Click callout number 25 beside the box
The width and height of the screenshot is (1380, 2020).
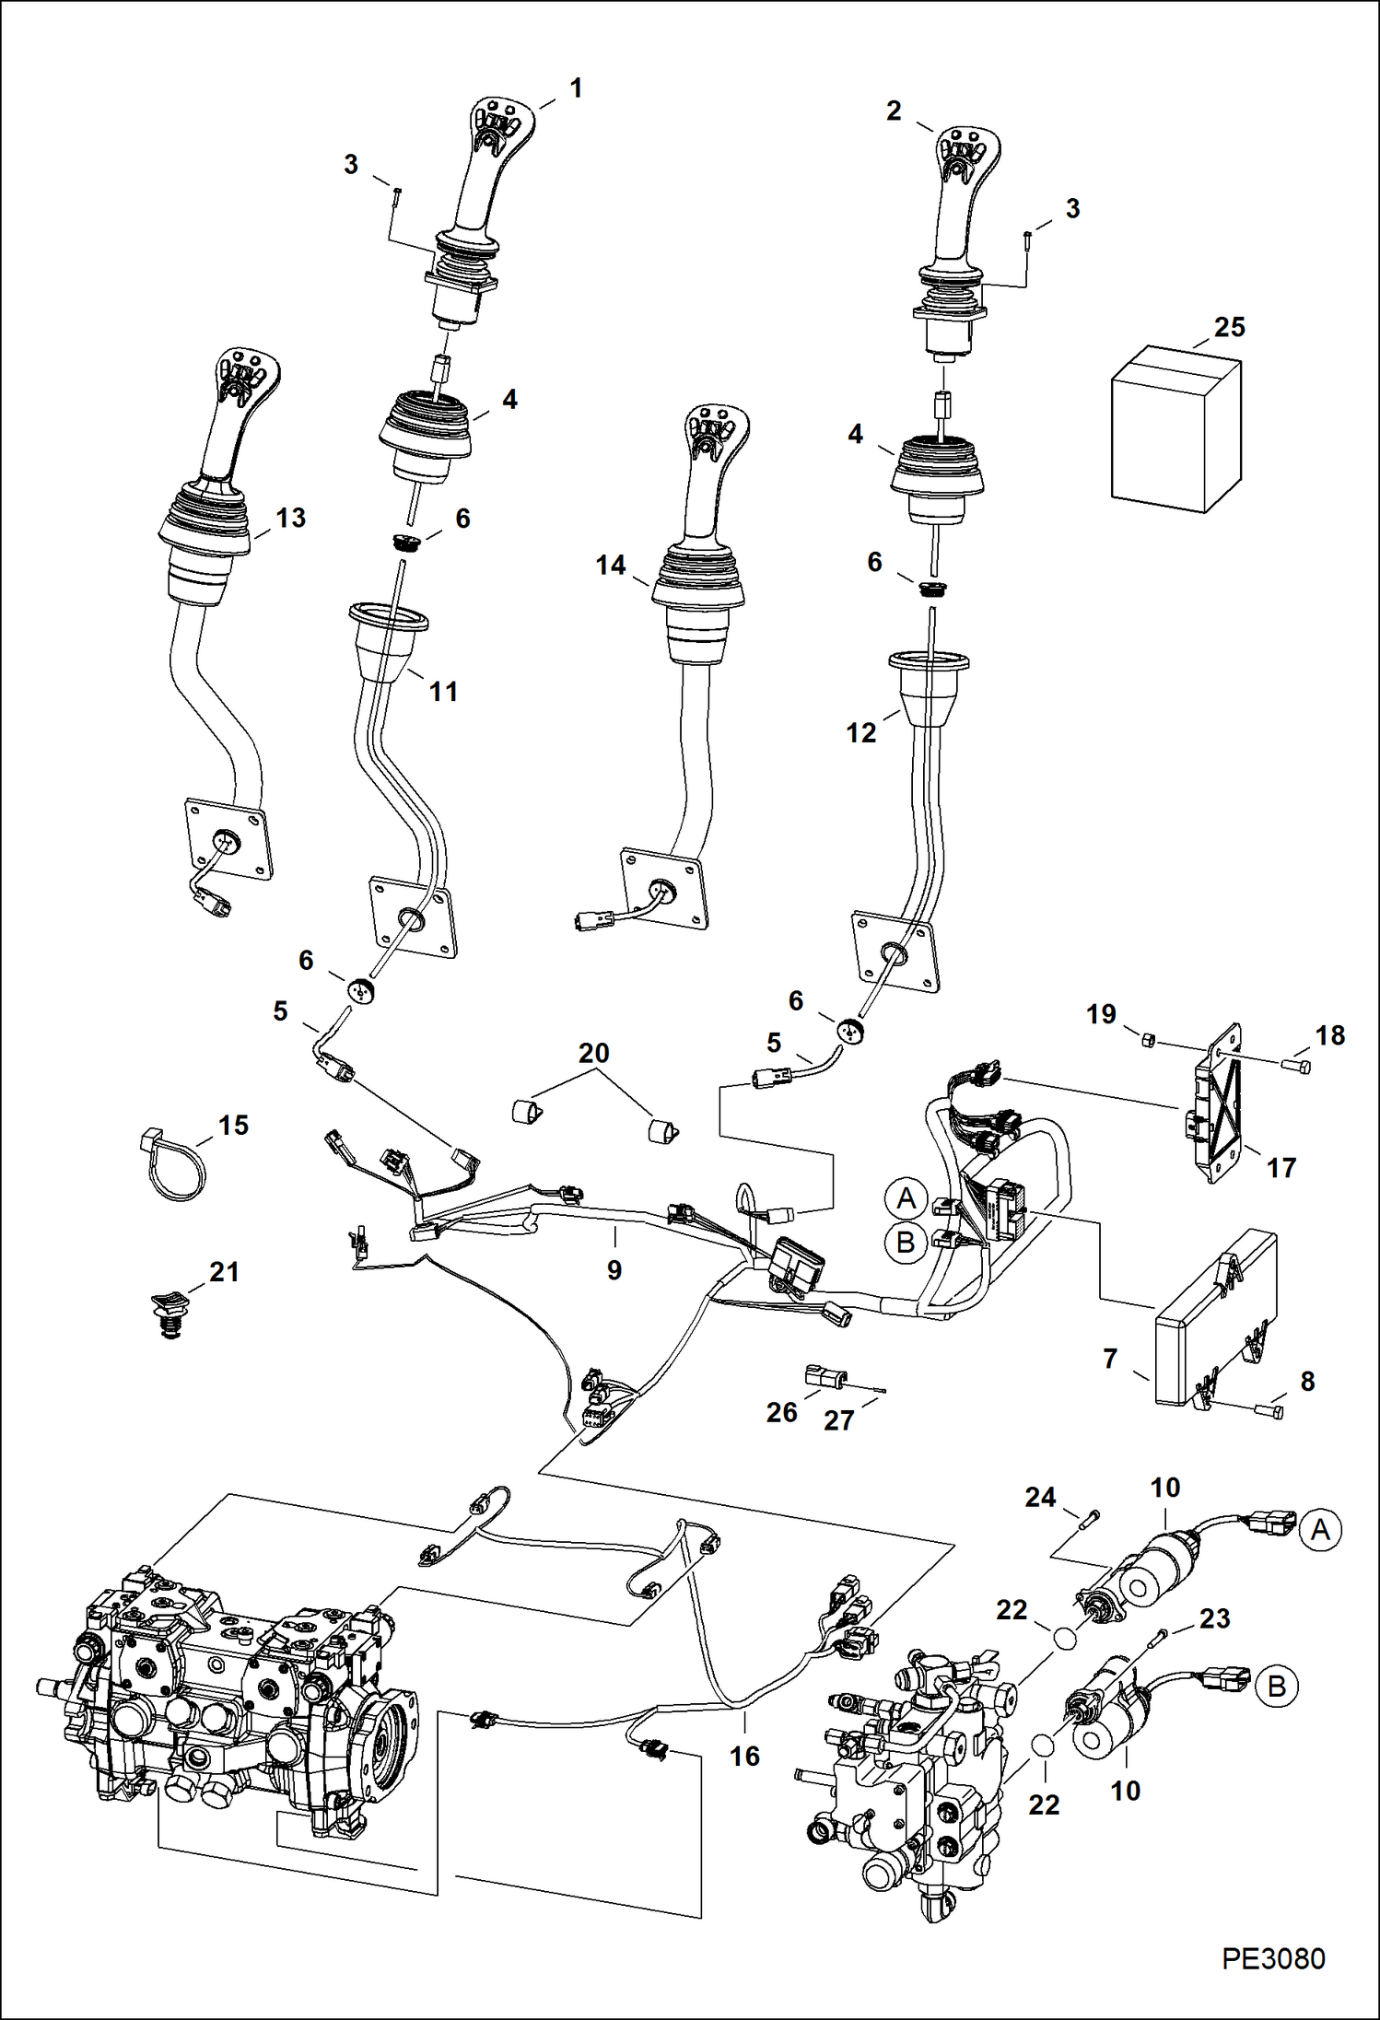1229,328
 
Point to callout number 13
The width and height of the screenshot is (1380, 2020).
290,519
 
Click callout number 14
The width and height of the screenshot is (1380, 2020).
610,566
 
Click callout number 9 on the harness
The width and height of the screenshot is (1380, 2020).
614,1270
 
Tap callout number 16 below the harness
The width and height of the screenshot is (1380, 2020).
744,1756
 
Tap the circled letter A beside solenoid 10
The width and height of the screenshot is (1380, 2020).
1320,1530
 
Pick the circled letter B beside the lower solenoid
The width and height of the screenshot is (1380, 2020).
1276,1687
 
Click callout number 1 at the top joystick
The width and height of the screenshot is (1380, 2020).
576,89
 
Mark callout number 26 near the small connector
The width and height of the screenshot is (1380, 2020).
781,1412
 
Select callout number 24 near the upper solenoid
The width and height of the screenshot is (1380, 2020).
1040,1498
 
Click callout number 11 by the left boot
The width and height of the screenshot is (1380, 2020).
443,692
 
